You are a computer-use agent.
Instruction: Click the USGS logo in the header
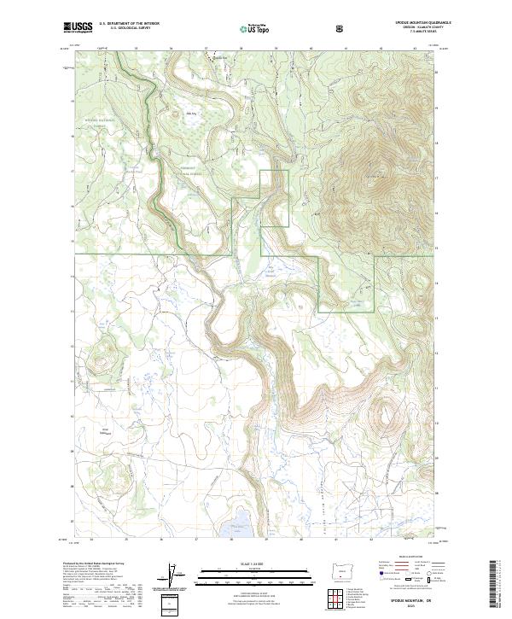[78, 28]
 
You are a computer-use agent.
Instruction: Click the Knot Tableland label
[107, 430]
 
